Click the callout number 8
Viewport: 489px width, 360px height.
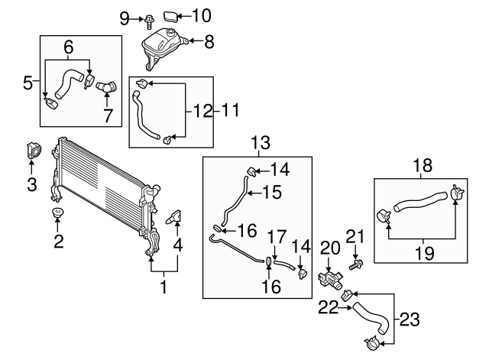pyautogui.click(x=209, y=41)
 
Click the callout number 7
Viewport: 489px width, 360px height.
pyautogui.click(x=108, y=115)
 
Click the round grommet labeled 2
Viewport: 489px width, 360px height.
pyautogui.click(x=57, y=212)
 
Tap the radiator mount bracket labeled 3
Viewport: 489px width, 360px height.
pyautogui.click(x=33, y=151)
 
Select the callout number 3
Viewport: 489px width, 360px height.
pyautogui.click(x=32, y=184)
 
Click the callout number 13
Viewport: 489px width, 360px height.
pyautogui.click(x=261, y=142)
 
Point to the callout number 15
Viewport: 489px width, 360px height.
pyautogui.click(x=272, y=192)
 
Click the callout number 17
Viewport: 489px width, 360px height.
pyautogui.click(x=277, y=237)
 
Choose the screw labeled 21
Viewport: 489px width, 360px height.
pyautogui.click(x=355, y=265)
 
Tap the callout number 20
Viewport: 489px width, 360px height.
pyautogui.click(x=330, y=248)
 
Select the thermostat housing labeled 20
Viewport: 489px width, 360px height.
pyautogui.click(x=331, y=280)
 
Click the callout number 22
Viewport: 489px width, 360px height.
pyautogui.click(x=328, y=308)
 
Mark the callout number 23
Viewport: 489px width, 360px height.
pyautogui.click(x=410, y=319)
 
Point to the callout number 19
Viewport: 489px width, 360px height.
pyautogui.click(x=425, y=253)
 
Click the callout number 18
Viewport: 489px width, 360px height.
pyautogui.click(x=423, y=165)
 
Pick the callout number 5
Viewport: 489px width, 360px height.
pyautogui.click(x=28, y=83)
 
